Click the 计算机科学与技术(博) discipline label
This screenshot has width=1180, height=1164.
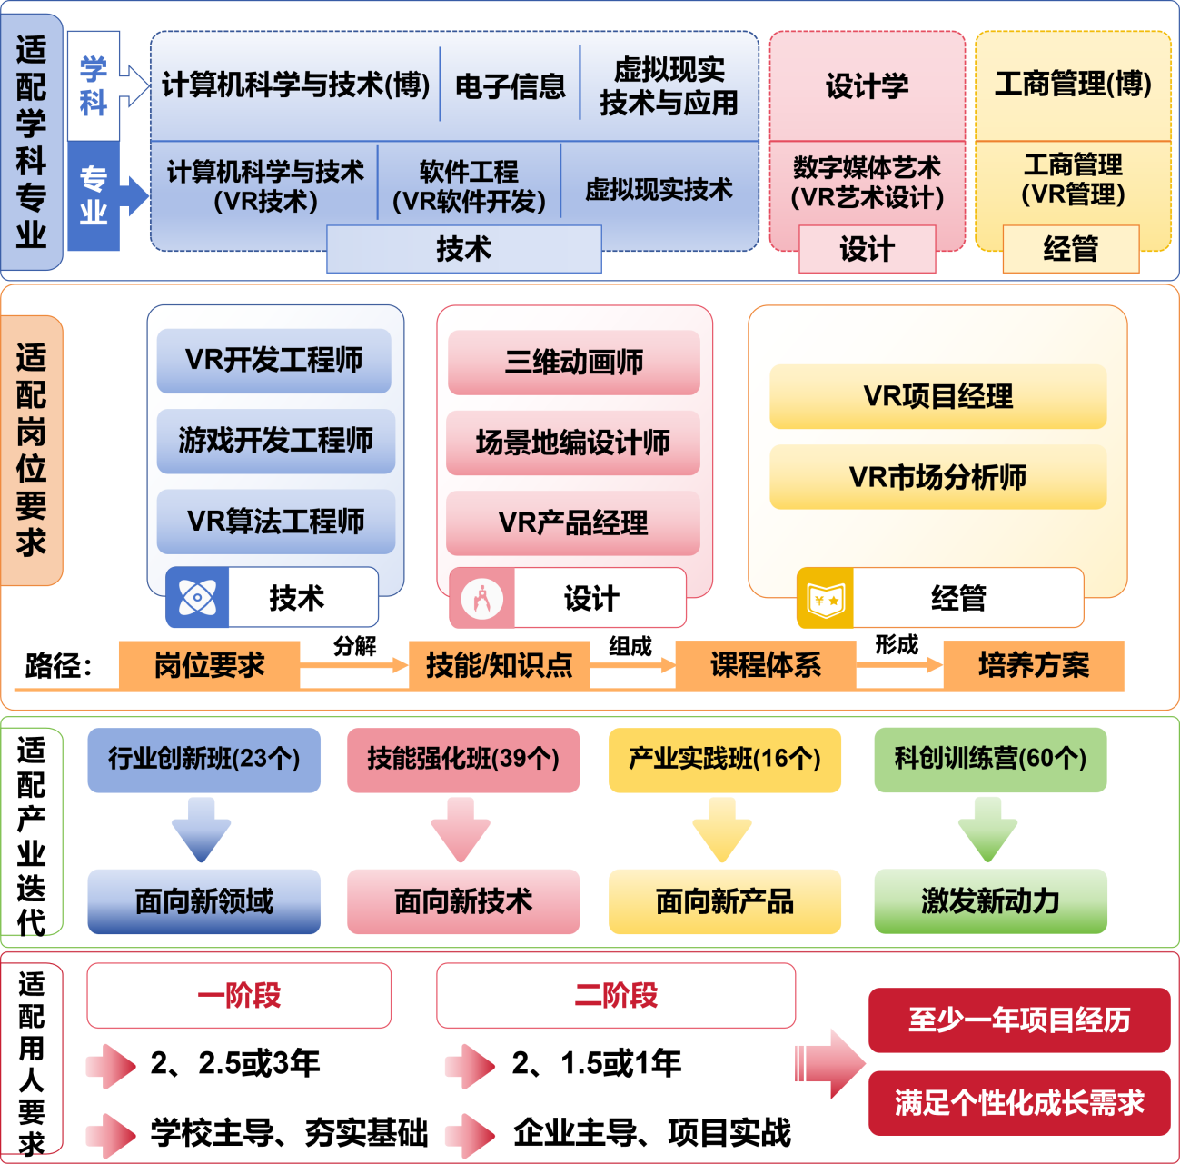(295, 85)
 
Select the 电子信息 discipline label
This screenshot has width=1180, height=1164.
(510, 86)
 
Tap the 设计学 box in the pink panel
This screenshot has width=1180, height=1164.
(867, 86)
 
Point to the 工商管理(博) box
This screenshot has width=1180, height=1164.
(1073, 85)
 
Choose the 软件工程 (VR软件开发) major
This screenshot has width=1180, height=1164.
(469, 186)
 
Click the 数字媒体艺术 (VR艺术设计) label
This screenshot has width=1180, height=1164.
(867, 182)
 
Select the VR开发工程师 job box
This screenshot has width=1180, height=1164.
(273, 360)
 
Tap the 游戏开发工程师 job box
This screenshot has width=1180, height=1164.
(275, 441)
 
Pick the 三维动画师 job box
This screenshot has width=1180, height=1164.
(573, 362)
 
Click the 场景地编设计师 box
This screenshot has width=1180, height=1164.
(572, 443)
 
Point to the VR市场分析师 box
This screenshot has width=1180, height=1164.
(937, 477)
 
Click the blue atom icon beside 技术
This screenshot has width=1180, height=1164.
(197, 598)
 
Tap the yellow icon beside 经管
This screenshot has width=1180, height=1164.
(825, 599)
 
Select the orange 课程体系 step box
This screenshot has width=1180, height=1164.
(765, 665)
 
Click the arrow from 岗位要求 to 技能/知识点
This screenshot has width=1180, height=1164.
(354, 666)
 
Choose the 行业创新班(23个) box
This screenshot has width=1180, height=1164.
(204, 759)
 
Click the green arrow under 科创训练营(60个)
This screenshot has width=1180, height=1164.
(988, 830)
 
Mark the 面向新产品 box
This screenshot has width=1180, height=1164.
(724, 901)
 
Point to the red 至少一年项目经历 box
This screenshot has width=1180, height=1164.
(1018, 1020)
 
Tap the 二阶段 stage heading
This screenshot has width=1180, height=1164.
(616, 996)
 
